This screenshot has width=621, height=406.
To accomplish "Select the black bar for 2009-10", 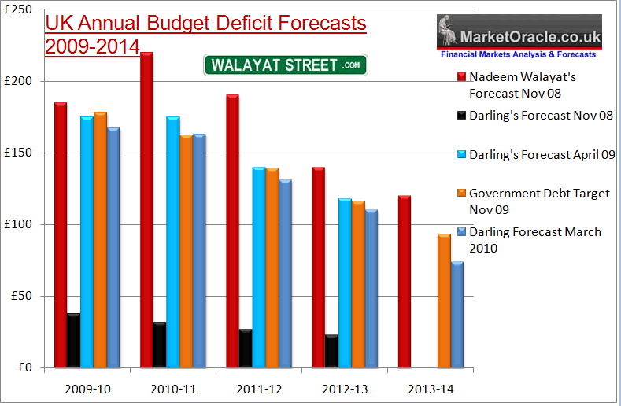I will pyautogui.click(x=73, y=341).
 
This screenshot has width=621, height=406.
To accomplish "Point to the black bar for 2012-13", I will pyautogui.click(x=331, y=351).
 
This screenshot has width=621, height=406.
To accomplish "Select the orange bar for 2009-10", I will pyautogui.click(x=100, y=240).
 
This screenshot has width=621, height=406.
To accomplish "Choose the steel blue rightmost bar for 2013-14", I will pyautogui.click(x=457, y=315).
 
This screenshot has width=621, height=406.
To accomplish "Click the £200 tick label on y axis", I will pyautogui.click(x=26, y=81).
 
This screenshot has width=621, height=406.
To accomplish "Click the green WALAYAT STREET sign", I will pyautogui.click(x=286, y=65).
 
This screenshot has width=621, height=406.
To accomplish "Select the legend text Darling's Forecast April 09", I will pyautogui.click(x=542, y=154).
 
